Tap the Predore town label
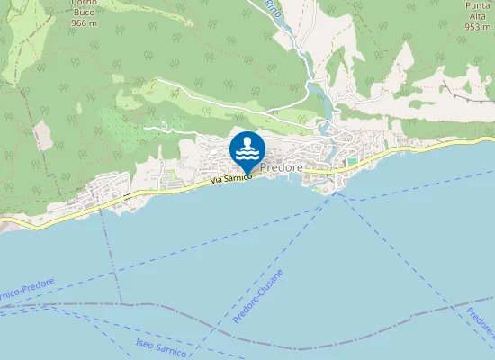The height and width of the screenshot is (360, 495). [281, 167]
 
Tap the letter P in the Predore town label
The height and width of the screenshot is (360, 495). [263, 167]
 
